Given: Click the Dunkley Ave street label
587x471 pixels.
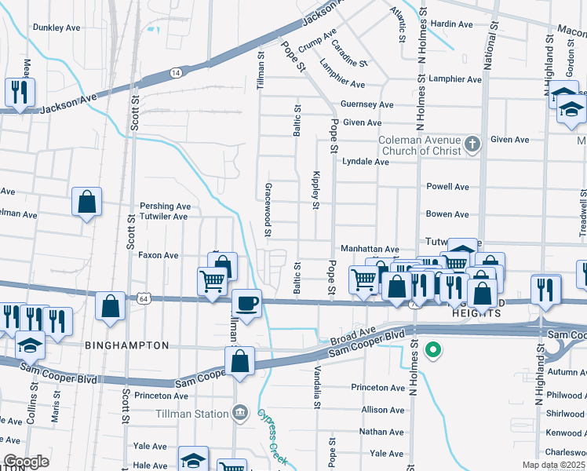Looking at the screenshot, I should [x=57, y=27].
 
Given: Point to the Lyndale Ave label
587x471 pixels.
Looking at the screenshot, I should [x=366, y=162].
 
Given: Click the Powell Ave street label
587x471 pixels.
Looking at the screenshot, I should [x=447, y=187].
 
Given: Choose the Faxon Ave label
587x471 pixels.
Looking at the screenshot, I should [x=159, y=255].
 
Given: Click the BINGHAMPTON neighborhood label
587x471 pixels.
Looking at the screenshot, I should [x=126, y=345].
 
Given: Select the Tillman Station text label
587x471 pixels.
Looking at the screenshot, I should [x=191, y=414].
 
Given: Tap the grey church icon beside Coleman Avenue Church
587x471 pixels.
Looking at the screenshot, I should [x=472, y=144].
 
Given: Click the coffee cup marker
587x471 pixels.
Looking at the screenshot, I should [x=247, y=303].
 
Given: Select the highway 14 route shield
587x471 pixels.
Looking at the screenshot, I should [x=176, y=72].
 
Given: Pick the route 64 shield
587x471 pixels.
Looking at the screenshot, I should [x=143, y=298].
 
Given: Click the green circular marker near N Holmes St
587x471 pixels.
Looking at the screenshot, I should [x=432, y=350].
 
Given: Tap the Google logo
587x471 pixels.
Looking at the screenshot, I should [x=27, y=462].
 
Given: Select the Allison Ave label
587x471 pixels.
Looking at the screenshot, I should [x=383, y=410].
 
